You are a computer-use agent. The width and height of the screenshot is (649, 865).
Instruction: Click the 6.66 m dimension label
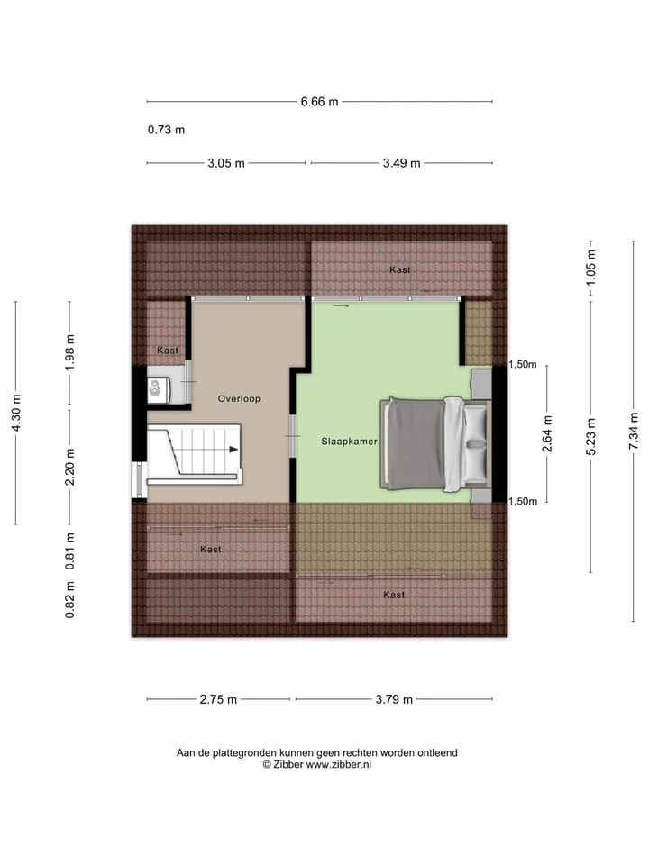point(319,102)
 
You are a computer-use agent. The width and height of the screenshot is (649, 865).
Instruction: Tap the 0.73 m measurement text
point(166,130)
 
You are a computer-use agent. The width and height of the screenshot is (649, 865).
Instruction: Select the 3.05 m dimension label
point(226,163)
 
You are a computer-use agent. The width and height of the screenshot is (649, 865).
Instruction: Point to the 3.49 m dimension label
point(402,163)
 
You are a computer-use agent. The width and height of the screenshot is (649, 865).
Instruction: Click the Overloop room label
point(239,399)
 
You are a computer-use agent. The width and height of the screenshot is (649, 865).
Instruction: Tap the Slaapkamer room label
point(350,442)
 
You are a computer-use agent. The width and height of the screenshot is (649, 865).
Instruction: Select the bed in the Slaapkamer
point(434,443)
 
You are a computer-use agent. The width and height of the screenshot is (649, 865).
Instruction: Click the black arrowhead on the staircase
point(234,450)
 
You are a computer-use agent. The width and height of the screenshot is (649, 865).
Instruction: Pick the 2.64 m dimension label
point(547,433)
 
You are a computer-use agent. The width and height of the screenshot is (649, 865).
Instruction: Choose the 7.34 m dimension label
point(634,431)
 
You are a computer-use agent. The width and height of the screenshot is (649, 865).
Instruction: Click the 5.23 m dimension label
point(590,436)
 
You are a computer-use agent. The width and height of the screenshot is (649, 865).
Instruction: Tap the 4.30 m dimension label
point(16,414)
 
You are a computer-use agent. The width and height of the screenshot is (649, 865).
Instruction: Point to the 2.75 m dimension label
point(218,699)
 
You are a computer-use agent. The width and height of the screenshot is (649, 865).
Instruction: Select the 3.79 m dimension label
point(394,699)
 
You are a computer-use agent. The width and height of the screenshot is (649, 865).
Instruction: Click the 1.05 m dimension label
point(590,268)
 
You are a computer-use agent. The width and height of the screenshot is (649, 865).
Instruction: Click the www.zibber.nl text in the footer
point(339,765)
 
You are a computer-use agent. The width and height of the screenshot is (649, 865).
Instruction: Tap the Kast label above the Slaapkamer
point(399,269)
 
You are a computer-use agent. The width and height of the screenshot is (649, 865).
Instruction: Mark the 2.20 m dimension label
point(70,467)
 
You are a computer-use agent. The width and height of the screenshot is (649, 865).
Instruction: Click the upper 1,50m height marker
point(523,365)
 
